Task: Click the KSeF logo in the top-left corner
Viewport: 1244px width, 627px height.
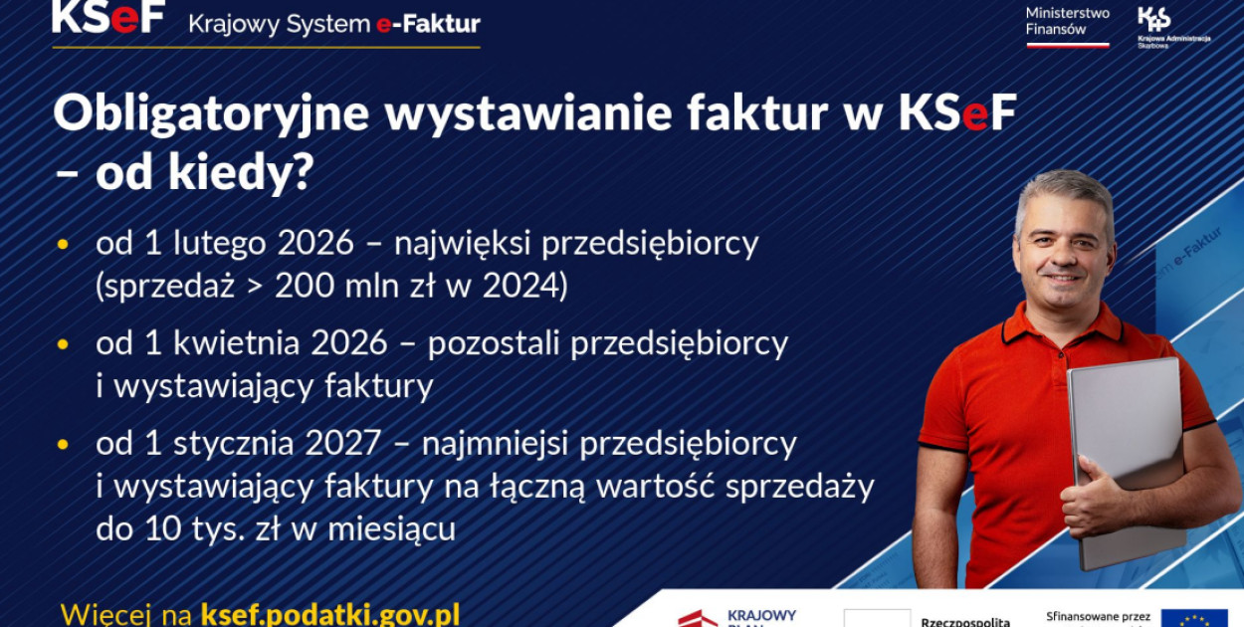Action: coord(107,17)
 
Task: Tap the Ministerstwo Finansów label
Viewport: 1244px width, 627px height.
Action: coord(1067,21)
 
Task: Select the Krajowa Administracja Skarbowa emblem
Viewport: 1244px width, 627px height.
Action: coord(1154,19)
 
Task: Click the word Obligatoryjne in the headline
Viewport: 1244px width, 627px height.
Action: coord(210,115)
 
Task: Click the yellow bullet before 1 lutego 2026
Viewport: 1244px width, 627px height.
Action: coord(65,243)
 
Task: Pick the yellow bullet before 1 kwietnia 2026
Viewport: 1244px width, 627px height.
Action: coord(65,344)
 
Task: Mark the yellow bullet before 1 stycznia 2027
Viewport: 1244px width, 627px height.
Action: coord(65,444)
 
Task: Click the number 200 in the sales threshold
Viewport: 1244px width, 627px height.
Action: coord(305,287)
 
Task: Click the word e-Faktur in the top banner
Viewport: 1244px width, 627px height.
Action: coord(428,23)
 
